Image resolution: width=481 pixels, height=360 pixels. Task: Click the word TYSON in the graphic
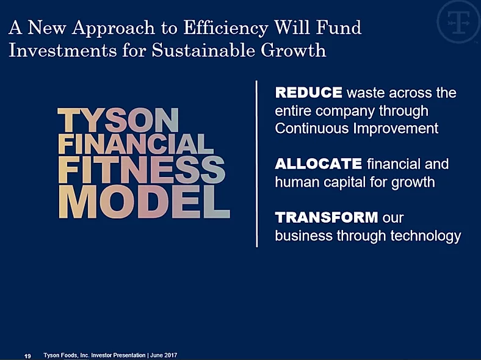pos(118,120)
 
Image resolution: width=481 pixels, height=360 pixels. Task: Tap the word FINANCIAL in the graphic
pos(136,144)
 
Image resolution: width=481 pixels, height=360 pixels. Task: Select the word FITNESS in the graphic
pos(142,170)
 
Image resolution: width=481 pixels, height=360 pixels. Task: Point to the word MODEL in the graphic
pos(144,202)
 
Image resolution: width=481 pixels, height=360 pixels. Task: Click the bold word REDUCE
pos(309,93)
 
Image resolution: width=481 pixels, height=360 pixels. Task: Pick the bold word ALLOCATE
pos(319,164)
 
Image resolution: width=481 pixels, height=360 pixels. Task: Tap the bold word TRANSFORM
pos(327,217)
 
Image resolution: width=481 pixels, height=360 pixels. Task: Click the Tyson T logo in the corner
pos(458,22)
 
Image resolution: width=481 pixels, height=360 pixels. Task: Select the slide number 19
pos(27,356)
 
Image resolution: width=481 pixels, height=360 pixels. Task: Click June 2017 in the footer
pos(164,355)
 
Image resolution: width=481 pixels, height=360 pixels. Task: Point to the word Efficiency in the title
pos(225,29)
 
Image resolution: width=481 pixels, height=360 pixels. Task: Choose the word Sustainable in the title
pos(203,50)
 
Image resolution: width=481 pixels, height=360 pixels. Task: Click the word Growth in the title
pos(293,50)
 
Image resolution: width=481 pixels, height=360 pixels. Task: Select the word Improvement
pos(396,129)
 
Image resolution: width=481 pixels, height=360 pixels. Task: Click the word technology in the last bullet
pos(426,236)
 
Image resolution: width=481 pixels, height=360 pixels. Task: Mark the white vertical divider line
pos(257,164)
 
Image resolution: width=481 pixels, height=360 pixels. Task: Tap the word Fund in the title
pos(339,27)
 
